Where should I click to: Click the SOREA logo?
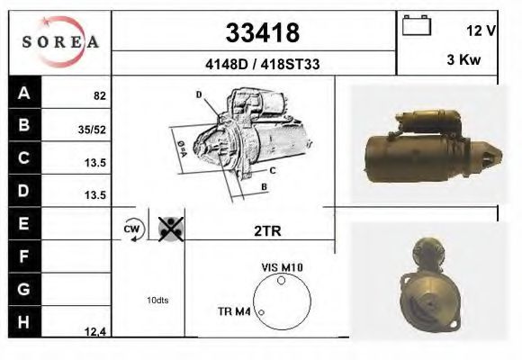60,41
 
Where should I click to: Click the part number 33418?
263,32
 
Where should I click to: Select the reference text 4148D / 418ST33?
262,64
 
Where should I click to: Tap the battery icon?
417,25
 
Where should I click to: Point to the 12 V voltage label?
481,31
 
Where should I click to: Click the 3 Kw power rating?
463,59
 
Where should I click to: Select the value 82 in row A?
100,96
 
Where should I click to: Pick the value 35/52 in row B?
92,130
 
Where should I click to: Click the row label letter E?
23,223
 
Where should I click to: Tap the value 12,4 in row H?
95,332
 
